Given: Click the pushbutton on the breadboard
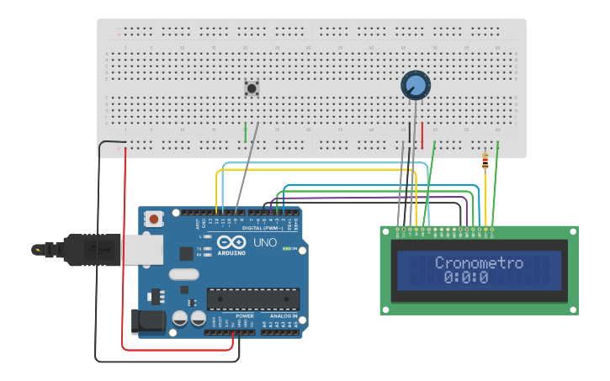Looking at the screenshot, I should coord(251,87).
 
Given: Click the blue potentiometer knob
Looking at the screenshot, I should coord(415,85).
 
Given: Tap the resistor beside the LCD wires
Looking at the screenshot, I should coord(485,161).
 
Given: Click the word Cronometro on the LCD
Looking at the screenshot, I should coord(479,263).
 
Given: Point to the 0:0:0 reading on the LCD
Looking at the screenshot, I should coord(466,278).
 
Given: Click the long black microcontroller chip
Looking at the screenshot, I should coord(252,299).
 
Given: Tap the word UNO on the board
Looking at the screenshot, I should coord(265,242).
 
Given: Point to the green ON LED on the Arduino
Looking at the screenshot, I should coord(287,249).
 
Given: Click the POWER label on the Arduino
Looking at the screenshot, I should coord(233,316).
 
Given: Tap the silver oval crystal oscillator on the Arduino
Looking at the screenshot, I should coord(184,274).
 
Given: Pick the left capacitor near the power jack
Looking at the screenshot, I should coord(180,319).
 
